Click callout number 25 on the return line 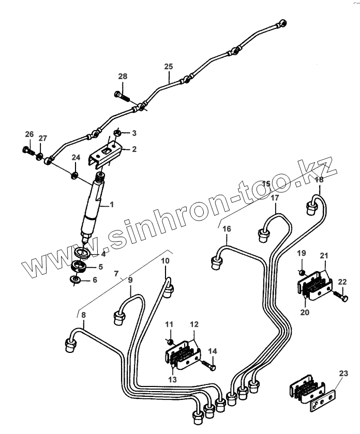pyautogui.click(x=169, y=67)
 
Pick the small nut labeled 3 pyautogui.click(x=117, y=133)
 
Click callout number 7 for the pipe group pyautogui.click(x=116, y=273)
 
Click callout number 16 pyautogui.click(x=227, y=228)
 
